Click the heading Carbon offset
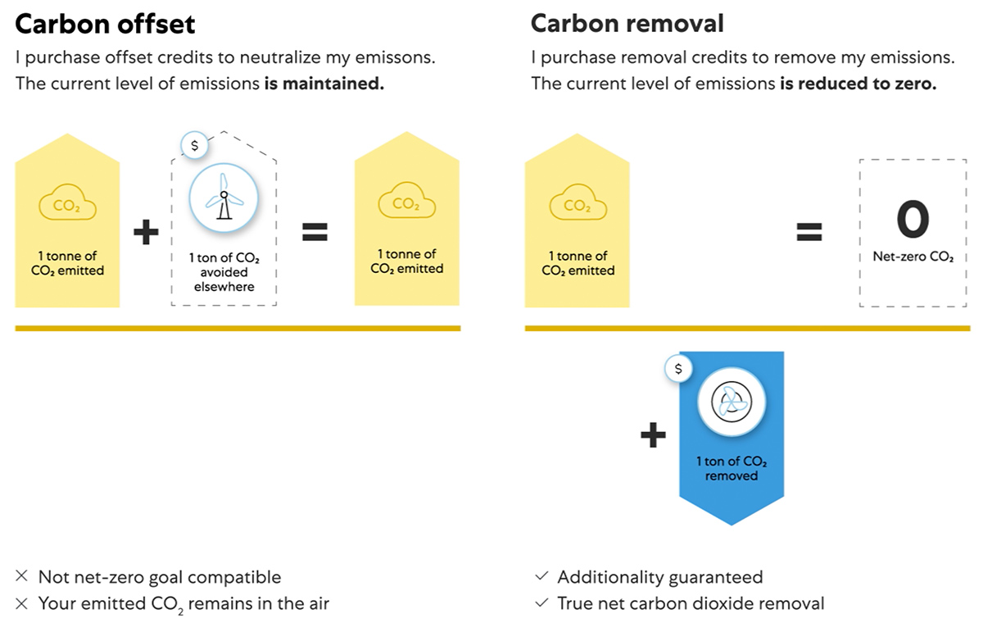tap(105, 24)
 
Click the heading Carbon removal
tap(627, 23)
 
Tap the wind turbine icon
tap(224, 200)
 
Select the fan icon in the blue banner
tap(731, 401)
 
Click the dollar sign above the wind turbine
tap(194, 145)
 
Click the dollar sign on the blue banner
tap(677, 369)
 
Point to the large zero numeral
tap(913, 219)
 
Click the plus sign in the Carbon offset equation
tap(146, 234)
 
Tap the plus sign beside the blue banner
tap(653, 435)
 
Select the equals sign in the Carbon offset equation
tap(315, 234)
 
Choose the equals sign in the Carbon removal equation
tap(809, 234)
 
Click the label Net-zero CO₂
tap(913, 257)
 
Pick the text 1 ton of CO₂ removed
tap(731, 469)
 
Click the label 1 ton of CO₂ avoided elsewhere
tap(224, 272)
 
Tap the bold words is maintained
tap(324, 84)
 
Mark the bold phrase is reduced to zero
tap(857, 84)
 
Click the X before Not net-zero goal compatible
tap(22, 577)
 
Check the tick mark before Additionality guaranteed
tap(541, 577)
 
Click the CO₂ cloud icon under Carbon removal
tap(577, 205)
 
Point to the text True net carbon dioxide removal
tap(691, 603)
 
